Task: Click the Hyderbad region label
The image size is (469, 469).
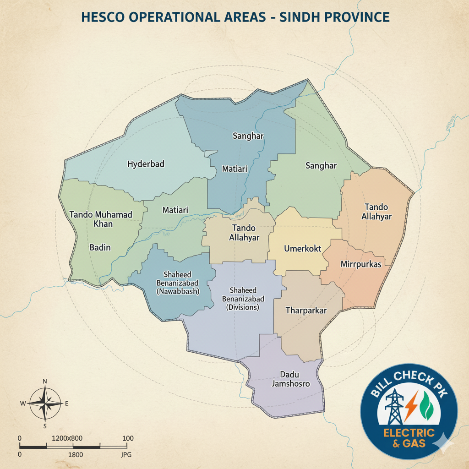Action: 146,164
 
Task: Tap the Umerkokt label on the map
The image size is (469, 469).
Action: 302,249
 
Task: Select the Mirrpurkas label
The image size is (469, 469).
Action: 361,264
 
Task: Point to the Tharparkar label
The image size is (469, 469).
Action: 306,311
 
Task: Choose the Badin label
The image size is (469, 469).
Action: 100,247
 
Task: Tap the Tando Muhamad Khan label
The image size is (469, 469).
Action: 101,219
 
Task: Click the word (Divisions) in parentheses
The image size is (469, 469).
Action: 243,308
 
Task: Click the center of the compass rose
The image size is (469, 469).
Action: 45,404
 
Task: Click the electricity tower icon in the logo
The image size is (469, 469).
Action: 393,406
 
